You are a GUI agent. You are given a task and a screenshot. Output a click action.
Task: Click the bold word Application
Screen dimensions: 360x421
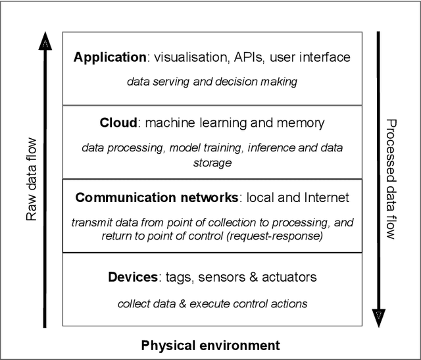click(109, 58)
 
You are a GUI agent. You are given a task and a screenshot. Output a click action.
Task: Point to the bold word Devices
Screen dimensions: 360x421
click(133, 276)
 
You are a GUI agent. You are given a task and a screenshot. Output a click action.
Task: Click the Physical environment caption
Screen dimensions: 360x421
click(210, 346)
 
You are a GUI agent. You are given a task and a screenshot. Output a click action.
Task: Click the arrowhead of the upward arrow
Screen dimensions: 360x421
click(45, 41)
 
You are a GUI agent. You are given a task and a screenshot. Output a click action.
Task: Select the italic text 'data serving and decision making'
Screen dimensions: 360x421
click(212, 82)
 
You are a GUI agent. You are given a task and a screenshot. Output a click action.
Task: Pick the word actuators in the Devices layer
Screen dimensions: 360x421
click(289, 276)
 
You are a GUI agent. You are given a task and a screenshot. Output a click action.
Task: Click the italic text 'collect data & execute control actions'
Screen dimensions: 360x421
click(212, 303)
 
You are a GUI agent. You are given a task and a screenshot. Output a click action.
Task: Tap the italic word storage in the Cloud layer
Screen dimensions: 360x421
click(212, 162)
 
